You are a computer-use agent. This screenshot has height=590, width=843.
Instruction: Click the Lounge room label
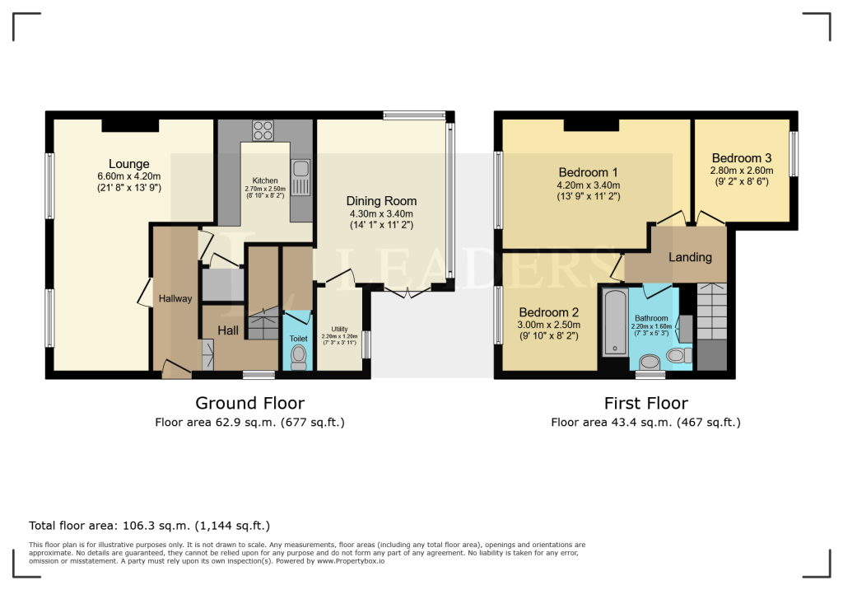point(128,164)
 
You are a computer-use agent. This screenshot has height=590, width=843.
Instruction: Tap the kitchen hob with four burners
point(263,130)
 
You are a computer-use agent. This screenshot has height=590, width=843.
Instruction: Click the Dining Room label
point(381,201)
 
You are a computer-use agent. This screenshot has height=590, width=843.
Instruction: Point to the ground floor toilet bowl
point(298,356)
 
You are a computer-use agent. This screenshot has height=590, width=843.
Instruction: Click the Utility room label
point(340,329)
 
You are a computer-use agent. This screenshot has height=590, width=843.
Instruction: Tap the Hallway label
point(175,299)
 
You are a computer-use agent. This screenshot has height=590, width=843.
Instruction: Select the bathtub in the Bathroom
point(614,322)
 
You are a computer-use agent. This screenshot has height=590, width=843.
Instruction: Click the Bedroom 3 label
point(741,158)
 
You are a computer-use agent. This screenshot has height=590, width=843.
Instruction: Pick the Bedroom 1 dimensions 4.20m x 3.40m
point(589,185)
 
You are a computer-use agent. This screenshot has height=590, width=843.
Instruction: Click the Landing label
point(690,257)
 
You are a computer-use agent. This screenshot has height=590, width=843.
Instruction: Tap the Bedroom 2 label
point(548,312)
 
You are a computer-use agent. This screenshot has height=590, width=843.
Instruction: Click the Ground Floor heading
point(249,403)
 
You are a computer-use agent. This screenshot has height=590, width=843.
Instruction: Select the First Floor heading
point(645,403)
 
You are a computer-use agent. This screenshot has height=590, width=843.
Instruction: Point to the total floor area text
point(149,525)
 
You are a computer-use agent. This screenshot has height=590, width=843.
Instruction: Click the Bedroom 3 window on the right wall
point(794,154)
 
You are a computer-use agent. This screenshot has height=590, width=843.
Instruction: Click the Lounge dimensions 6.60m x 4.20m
point(128,176)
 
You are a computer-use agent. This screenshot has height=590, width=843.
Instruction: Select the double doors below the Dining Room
point(407,293)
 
